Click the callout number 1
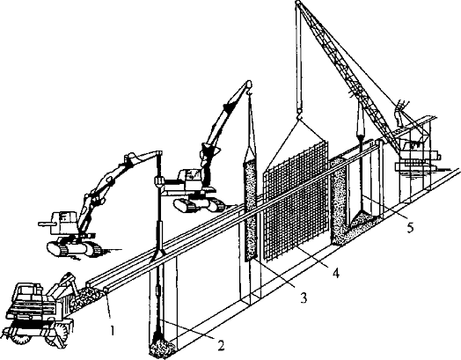[x=112, y=330]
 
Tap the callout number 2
[x=221, y=345]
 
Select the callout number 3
[x=304, y=298]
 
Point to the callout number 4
[x=336, y=272]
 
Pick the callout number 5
[x=411, y=227]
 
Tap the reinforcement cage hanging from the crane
[x=296, y=200]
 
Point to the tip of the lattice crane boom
[x=298, y=3]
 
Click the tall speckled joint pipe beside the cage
[x=250, y=210]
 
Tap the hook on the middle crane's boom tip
[x=251, y=93]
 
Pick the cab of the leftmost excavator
[x=65, y=221]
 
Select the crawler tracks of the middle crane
[x=200, y=205]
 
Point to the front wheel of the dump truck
[x=22, y=341]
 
